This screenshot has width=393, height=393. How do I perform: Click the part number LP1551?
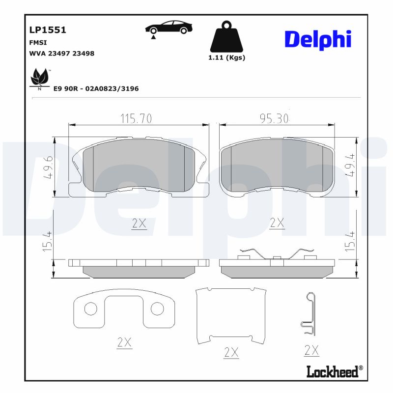click(x=48, y=30)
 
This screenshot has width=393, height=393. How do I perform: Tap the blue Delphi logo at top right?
click(x=318, y=39)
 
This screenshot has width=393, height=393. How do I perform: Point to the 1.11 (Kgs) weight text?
click(x=226, y=57)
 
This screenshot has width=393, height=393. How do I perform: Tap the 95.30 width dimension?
click(x=274, y=118)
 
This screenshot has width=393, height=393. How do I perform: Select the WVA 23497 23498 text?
click(x=62, y=53)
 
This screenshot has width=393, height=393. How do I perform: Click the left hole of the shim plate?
click(x=91, y=309)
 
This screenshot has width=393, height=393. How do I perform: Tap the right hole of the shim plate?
click(x=157, y=309)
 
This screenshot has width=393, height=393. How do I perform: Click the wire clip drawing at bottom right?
click(x=309, y=314)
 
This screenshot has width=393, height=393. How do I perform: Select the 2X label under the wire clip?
click(x=311, y=350)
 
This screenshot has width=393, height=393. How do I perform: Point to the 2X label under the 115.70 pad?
click(x=139, y=224)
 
